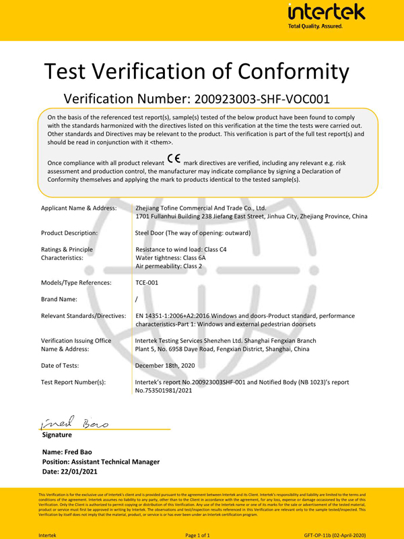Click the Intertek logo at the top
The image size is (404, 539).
[326, 15]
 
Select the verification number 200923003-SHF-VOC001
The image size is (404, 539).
[262, 100]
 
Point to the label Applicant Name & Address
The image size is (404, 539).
[79, 208]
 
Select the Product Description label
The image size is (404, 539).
[69, 232]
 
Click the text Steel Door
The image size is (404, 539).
[151, 232]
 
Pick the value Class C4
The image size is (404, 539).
[215, 249]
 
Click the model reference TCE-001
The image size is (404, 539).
[147, 283]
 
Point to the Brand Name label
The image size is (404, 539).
[59, 299]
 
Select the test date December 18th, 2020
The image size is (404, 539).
[165, 365]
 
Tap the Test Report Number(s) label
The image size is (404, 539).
[73, 382]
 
